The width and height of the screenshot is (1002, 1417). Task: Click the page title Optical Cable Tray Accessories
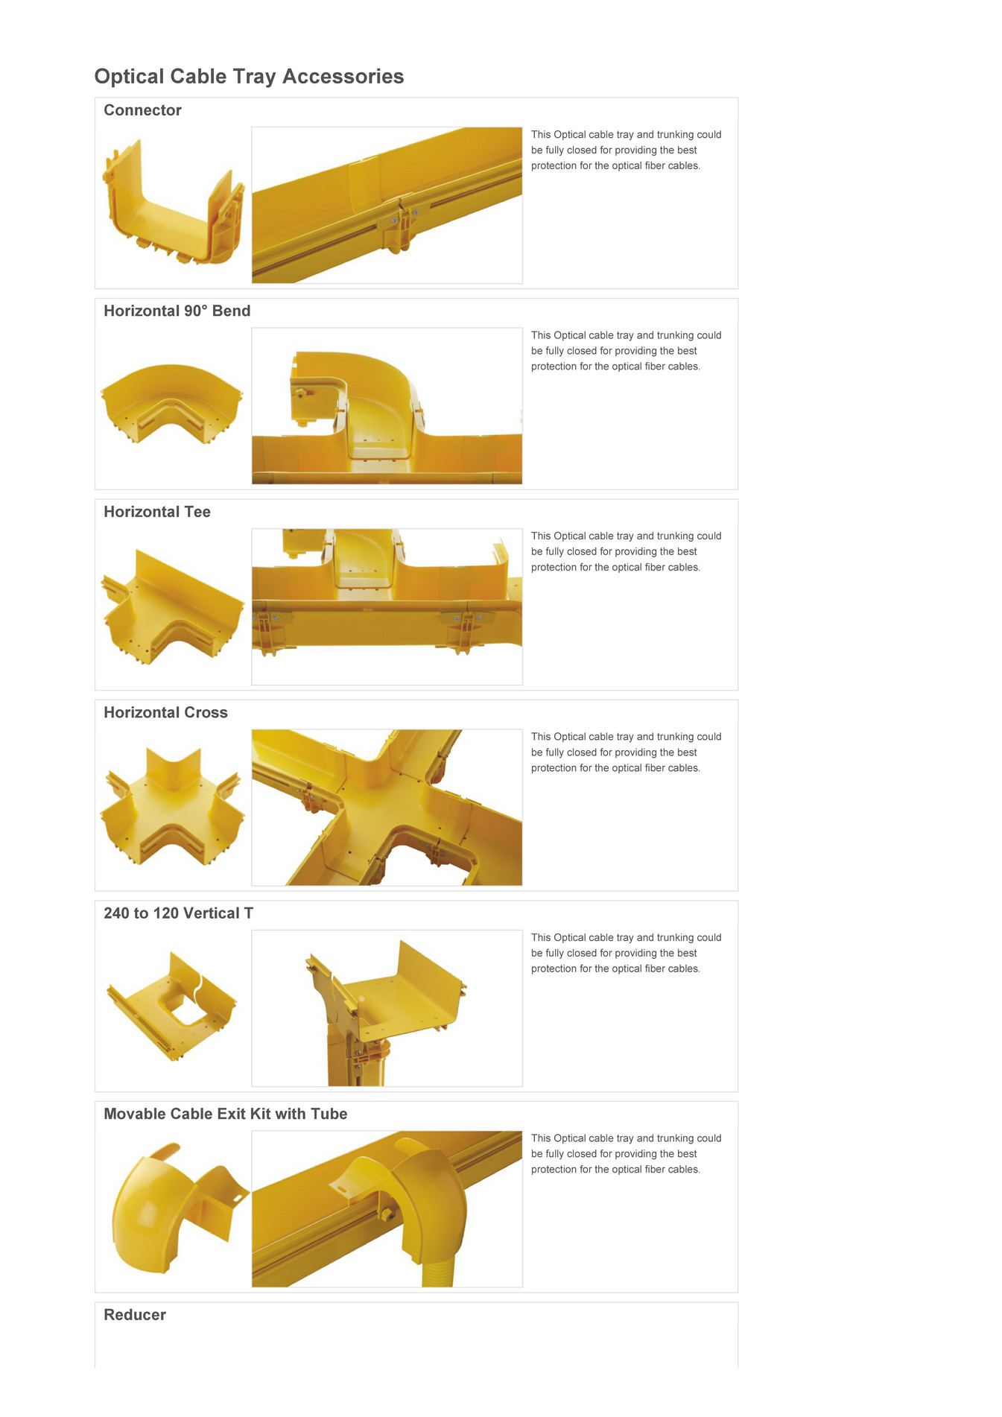249,77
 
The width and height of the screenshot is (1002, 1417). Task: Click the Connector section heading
142,110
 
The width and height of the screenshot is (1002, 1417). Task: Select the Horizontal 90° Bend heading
177,311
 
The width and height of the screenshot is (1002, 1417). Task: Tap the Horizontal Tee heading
156,512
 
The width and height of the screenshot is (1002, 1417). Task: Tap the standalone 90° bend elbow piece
171,402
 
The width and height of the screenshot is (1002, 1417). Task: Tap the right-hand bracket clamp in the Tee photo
463,630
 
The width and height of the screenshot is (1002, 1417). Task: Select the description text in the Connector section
625,150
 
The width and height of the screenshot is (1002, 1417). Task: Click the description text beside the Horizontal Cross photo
625,752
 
